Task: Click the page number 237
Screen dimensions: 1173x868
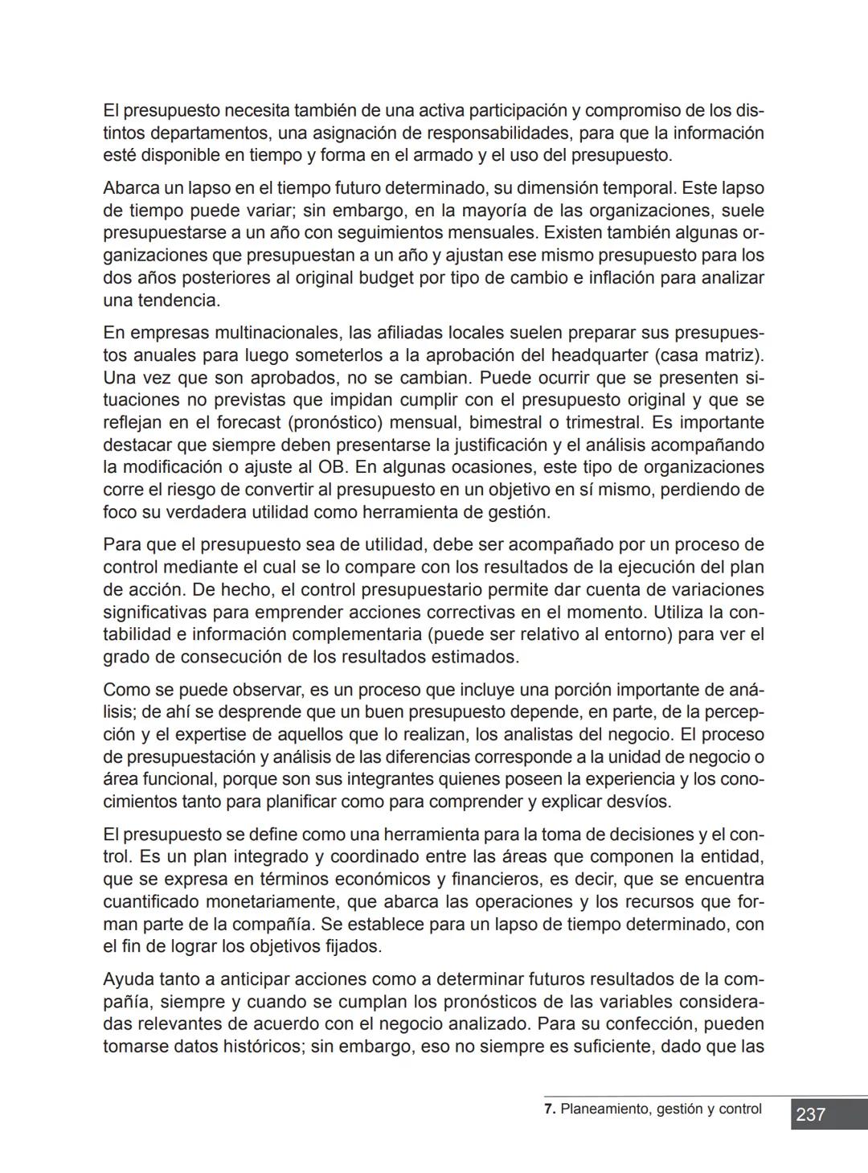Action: pyautogui.click(x=810, y=1114)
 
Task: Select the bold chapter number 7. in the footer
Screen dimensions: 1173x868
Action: pyautogui.click(x=550, y=1109)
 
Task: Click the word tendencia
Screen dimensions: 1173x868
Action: pyautogui.click(x=182, y=301)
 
